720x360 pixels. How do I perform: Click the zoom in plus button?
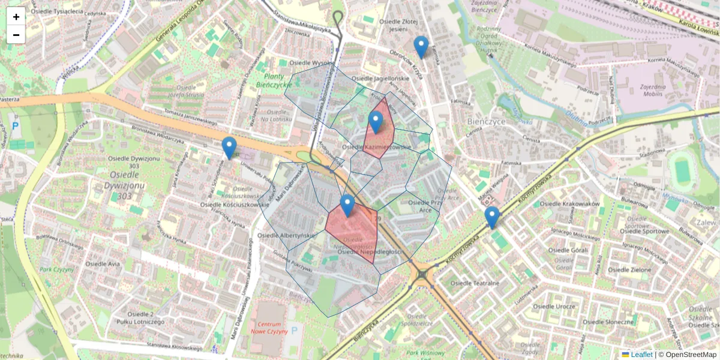click(16, 17)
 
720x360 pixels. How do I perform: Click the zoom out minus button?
click(16, 35)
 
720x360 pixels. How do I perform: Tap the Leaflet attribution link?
click(641, 355)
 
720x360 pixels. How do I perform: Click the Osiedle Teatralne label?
click(475, 283)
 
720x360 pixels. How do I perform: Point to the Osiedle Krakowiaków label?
click(569, 204)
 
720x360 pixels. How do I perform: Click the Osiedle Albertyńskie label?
click(286, 236)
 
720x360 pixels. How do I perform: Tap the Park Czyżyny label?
click(55, 269)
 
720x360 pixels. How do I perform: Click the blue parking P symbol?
click(16, 126)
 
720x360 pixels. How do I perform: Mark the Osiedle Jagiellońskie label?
click(380, 79)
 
